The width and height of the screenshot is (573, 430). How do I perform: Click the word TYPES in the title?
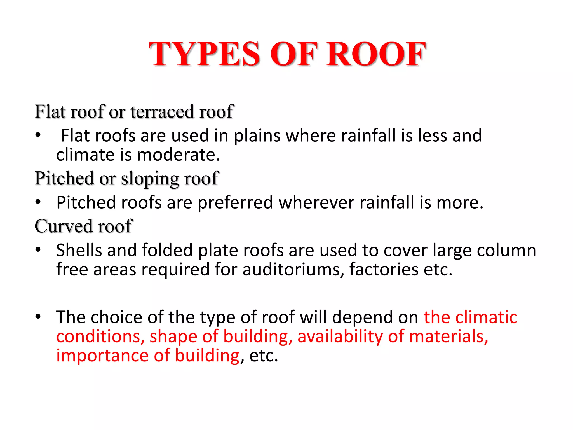pos(204,54)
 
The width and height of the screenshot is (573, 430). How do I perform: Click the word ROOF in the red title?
pos(376,54)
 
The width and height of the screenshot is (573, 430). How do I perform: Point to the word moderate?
pos(178,155)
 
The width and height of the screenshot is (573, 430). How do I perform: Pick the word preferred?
pos(235,202)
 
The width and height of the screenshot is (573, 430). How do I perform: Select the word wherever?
pos(316,202)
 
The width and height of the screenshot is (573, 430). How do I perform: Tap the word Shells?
pos(79,250)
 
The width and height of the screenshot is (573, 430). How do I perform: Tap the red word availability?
pos(340,336)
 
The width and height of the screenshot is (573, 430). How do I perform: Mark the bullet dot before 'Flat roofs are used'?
pos(38,135)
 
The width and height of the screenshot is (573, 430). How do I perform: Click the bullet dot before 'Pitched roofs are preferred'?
pos(38,202)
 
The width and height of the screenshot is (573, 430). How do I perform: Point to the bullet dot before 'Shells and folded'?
pos(38,249)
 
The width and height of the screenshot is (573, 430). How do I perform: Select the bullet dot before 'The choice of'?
pos(38,317)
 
